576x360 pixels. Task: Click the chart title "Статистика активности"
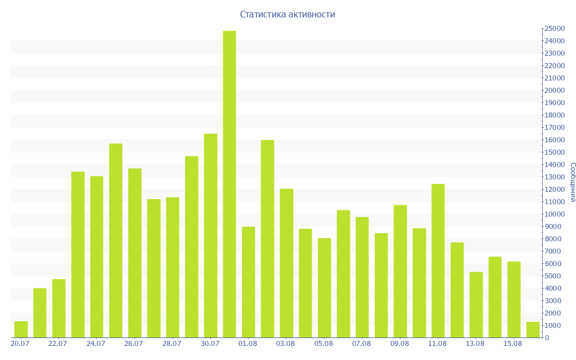(287, 15)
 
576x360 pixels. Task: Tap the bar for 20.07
(21, 330)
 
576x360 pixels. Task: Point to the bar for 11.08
(438, 261)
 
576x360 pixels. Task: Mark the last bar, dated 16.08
(533, 330)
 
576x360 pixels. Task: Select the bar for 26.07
(134, 253)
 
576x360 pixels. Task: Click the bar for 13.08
(476, 305)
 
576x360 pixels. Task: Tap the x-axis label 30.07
(210, 344)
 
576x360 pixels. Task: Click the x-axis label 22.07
(58, 344)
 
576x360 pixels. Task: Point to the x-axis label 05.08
(323, 344)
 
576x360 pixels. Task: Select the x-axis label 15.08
(513, 344)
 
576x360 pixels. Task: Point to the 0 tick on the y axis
(547, 338)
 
